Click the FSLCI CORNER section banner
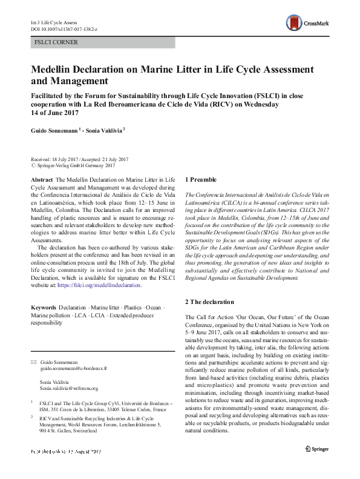(x=103, y=42)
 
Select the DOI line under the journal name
(x=65, y=28)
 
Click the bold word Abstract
(x=41, y=180)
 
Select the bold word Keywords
(x=44, y=308)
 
